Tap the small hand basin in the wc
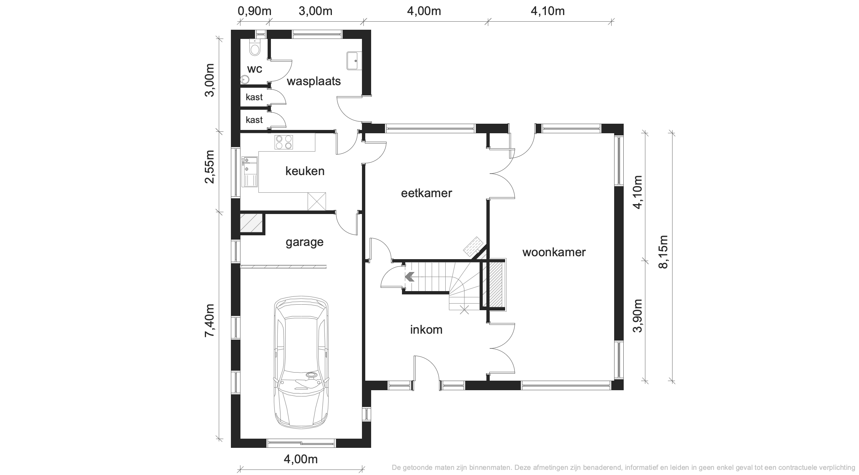point(244,79)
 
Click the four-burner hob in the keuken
point(284,142)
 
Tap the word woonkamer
point(554,252)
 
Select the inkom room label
point(426,330)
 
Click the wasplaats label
point(314,81)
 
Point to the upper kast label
point(254,97)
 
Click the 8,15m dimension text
point(663,252)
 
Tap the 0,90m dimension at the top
point(255,11)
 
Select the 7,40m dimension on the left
point(210,320)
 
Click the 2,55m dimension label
point(210,166)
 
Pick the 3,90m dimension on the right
point(638,316)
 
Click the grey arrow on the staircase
point(409,276)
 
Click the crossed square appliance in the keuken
point(316,202)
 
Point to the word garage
point(305,242)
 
